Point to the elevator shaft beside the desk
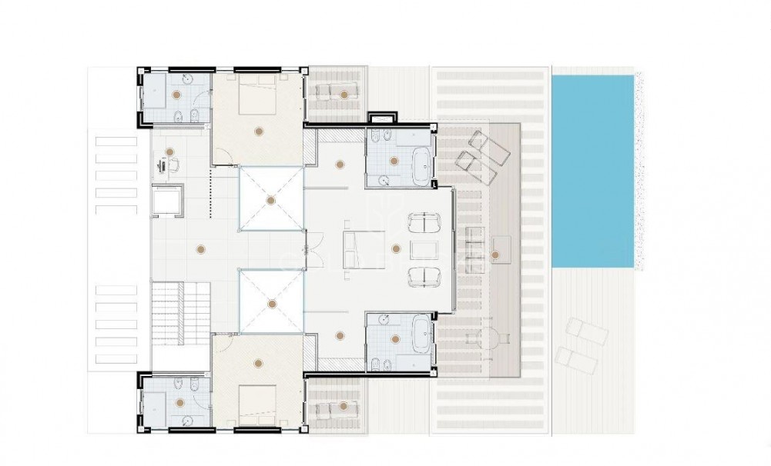click(x=166, y=201)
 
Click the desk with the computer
click(x=163, y=165)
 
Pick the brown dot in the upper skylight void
click(x=270, y=200)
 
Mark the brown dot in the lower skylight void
click(x=270, y=302)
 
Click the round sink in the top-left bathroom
click(x=188, y=78)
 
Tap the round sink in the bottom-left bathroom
click(x=188, y=419)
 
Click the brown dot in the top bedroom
click(x=260, y=128)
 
